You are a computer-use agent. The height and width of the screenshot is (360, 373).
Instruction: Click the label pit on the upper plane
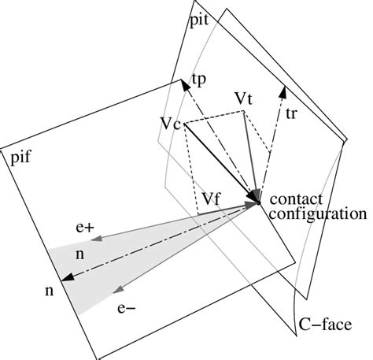(199, 24)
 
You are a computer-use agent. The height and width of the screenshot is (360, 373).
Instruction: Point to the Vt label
(245, 99)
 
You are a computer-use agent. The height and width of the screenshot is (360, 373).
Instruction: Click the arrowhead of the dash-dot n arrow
(65, 276)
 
